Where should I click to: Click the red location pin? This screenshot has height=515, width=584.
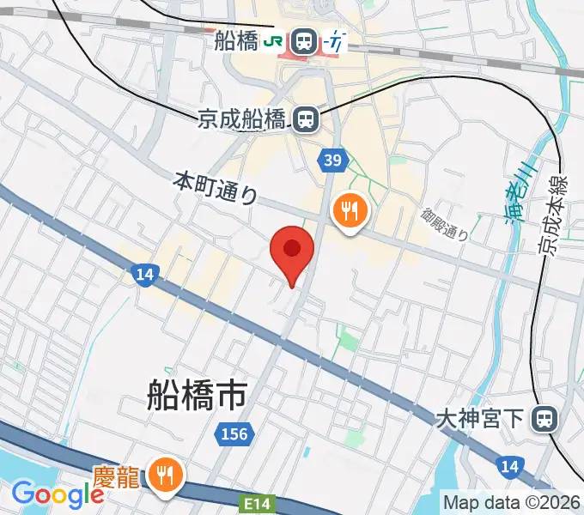292,251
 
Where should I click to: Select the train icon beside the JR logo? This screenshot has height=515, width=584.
302,40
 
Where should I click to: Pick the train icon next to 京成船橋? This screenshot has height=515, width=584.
304,119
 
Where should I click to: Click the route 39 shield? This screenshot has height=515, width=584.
333,160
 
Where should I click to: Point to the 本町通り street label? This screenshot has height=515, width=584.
216,188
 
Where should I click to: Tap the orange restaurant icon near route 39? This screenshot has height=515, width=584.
350,209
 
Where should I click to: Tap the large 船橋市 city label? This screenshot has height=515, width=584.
196,395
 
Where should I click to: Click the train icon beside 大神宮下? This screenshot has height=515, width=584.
543,419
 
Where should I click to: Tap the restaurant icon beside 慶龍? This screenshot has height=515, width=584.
162,474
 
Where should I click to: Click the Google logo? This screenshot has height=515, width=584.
58,494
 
